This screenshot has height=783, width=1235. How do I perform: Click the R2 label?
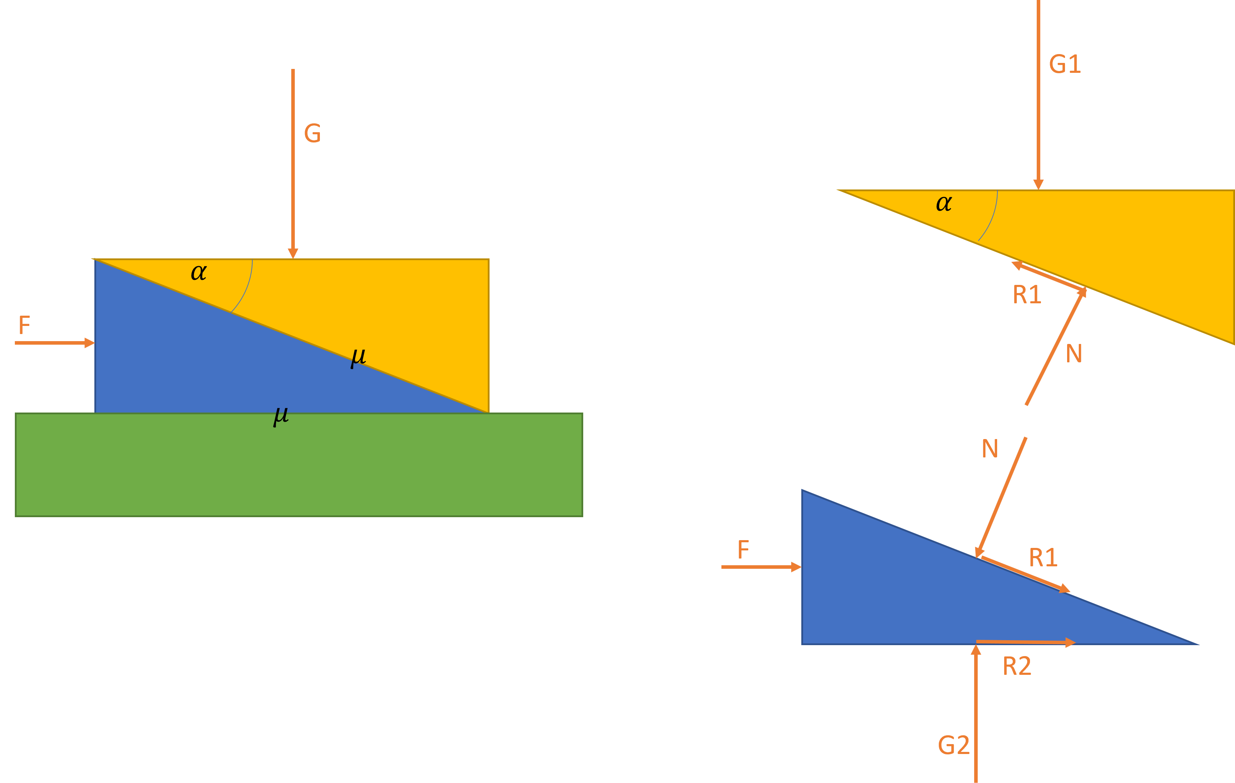pyautogui.click(x=1017, y=666)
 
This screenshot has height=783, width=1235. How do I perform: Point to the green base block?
pyautogui.click(x=299, y=464)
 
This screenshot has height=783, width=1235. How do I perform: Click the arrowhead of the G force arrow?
pyautogui.click(x=293, y=253)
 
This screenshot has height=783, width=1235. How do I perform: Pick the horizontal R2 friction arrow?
pyautogui.click(x=1026, y=642)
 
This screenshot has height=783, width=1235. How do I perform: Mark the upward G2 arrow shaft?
pyautogui.click(x=976, y=713)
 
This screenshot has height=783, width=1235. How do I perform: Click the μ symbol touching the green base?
pyautogui.click(x=281, y=416)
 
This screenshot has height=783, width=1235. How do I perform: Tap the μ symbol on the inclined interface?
pyautogui.click(x=358, y=357)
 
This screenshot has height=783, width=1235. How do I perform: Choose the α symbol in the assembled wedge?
pyautogui.click(x=199, y=272)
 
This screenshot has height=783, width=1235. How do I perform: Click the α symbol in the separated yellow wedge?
pyautogui.click(x=944, y=204)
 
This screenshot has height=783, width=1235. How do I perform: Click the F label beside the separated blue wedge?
pyautogui.click(x=743, y=550)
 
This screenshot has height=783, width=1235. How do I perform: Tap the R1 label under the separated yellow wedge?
pyautogui.click(x=1027, y=295)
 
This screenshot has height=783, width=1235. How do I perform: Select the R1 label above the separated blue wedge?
pyautogui.click(x=1043, y=557)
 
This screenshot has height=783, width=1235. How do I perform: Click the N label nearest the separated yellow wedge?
pyautogui.click(x=1073, y=353)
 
